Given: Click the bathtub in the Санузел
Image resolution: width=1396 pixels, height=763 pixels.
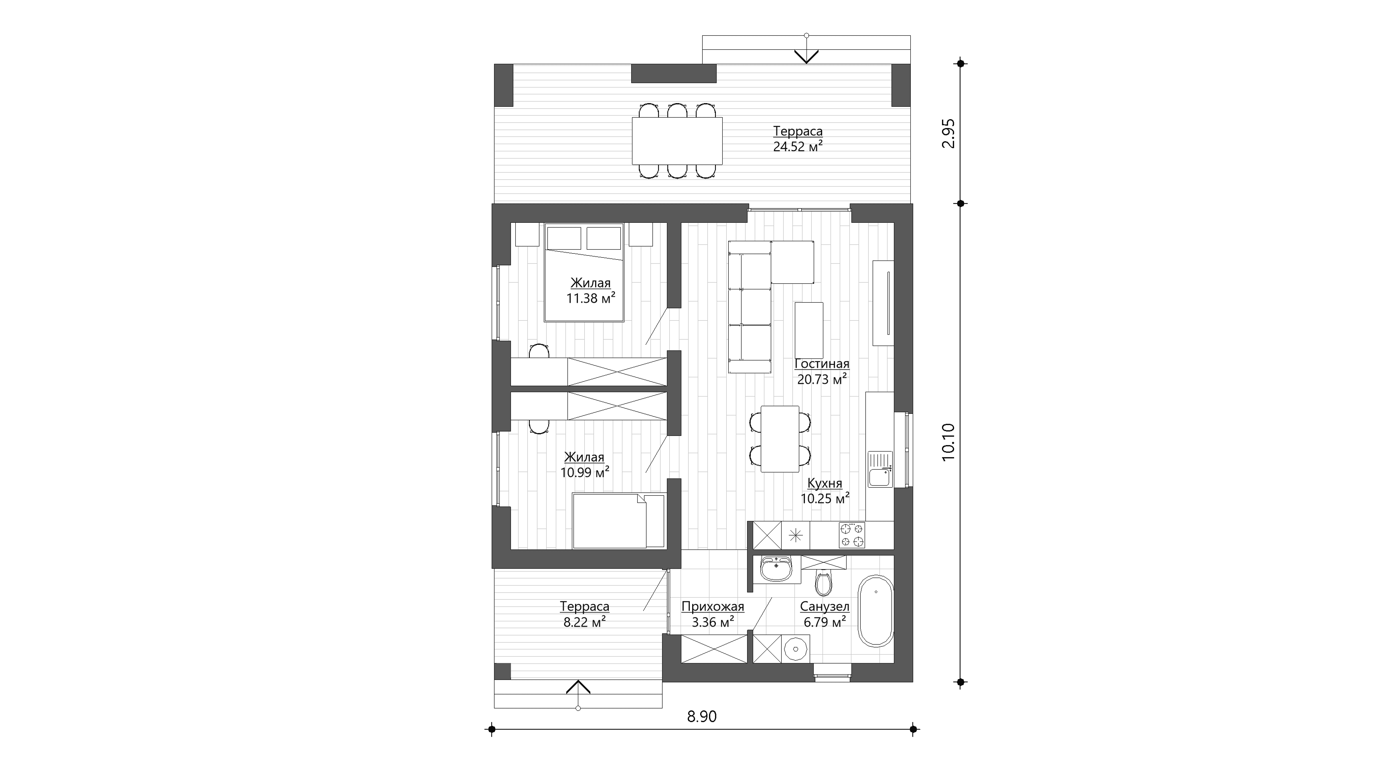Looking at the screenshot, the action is [876, 610].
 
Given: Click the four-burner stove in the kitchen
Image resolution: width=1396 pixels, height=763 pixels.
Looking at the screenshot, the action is [852, 535].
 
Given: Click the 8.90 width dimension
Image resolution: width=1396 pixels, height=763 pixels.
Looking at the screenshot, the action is [702, 717].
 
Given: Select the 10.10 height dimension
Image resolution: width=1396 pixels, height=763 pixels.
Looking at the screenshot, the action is [948, 442].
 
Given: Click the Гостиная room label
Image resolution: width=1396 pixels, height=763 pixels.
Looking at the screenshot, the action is [822, 364].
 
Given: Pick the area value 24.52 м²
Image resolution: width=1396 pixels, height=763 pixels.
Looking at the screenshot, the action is [798, 146].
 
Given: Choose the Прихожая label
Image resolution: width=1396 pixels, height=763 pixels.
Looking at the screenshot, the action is [713, 607].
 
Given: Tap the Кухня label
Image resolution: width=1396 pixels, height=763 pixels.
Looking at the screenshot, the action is [825, 483].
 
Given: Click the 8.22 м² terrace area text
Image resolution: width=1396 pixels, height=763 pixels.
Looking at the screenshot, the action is [585, 622].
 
